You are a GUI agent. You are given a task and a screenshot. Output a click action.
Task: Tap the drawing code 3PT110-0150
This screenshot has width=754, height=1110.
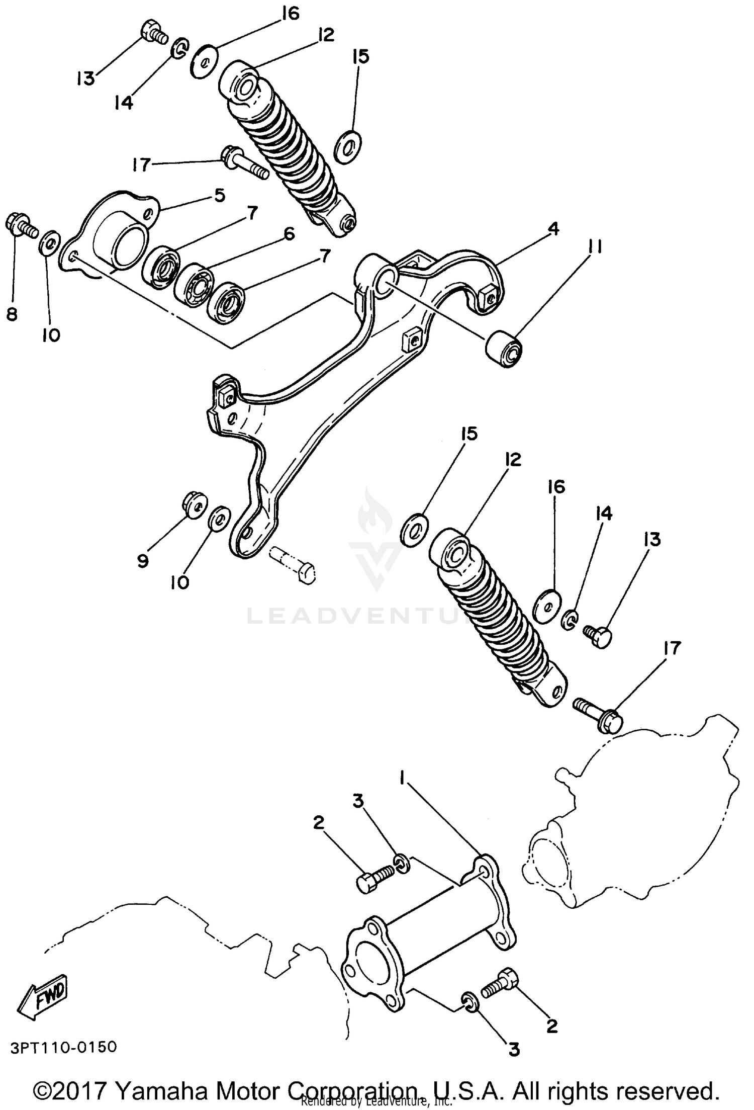pos(63,1047)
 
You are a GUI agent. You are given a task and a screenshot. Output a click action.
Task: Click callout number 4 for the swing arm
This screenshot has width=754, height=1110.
pos(552,229)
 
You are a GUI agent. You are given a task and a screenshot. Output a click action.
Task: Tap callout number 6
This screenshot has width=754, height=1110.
pos(289,234)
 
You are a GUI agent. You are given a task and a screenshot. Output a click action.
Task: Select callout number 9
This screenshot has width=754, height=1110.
pos(143,561)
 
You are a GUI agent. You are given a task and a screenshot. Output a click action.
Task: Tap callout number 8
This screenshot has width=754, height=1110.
pos(12,314)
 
